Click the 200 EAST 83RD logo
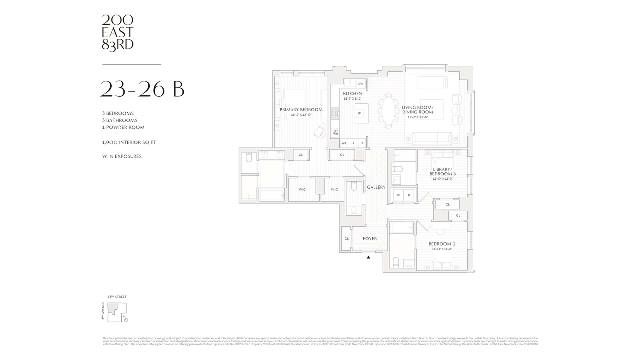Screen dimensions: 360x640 coord(118,33)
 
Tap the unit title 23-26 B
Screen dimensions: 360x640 coord(142,89)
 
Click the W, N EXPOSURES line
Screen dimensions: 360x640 coord(122,156)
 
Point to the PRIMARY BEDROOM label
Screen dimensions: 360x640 coord(301,110)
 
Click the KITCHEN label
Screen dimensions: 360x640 coord(352,94)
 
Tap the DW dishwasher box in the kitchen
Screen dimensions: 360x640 coord(361,84)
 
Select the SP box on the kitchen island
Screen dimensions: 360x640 coord(359,113)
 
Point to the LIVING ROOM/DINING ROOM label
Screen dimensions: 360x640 coord(417,110)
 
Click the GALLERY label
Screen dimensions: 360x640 coord(376,187)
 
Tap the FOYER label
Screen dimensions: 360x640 coord(370,239)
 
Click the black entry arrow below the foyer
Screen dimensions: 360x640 coord(368,257)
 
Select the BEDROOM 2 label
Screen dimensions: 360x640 coord(442,244)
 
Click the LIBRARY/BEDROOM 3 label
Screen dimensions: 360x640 coord(442,171)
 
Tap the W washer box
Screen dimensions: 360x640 coord(398,196)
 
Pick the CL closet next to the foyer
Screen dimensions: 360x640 coord(347,239)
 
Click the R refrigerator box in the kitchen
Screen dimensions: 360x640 coord(353,144)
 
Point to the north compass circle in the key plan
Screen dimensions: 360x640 coord(126,320)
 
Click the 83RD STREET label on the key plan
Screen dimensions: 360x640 coord(117,297)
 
